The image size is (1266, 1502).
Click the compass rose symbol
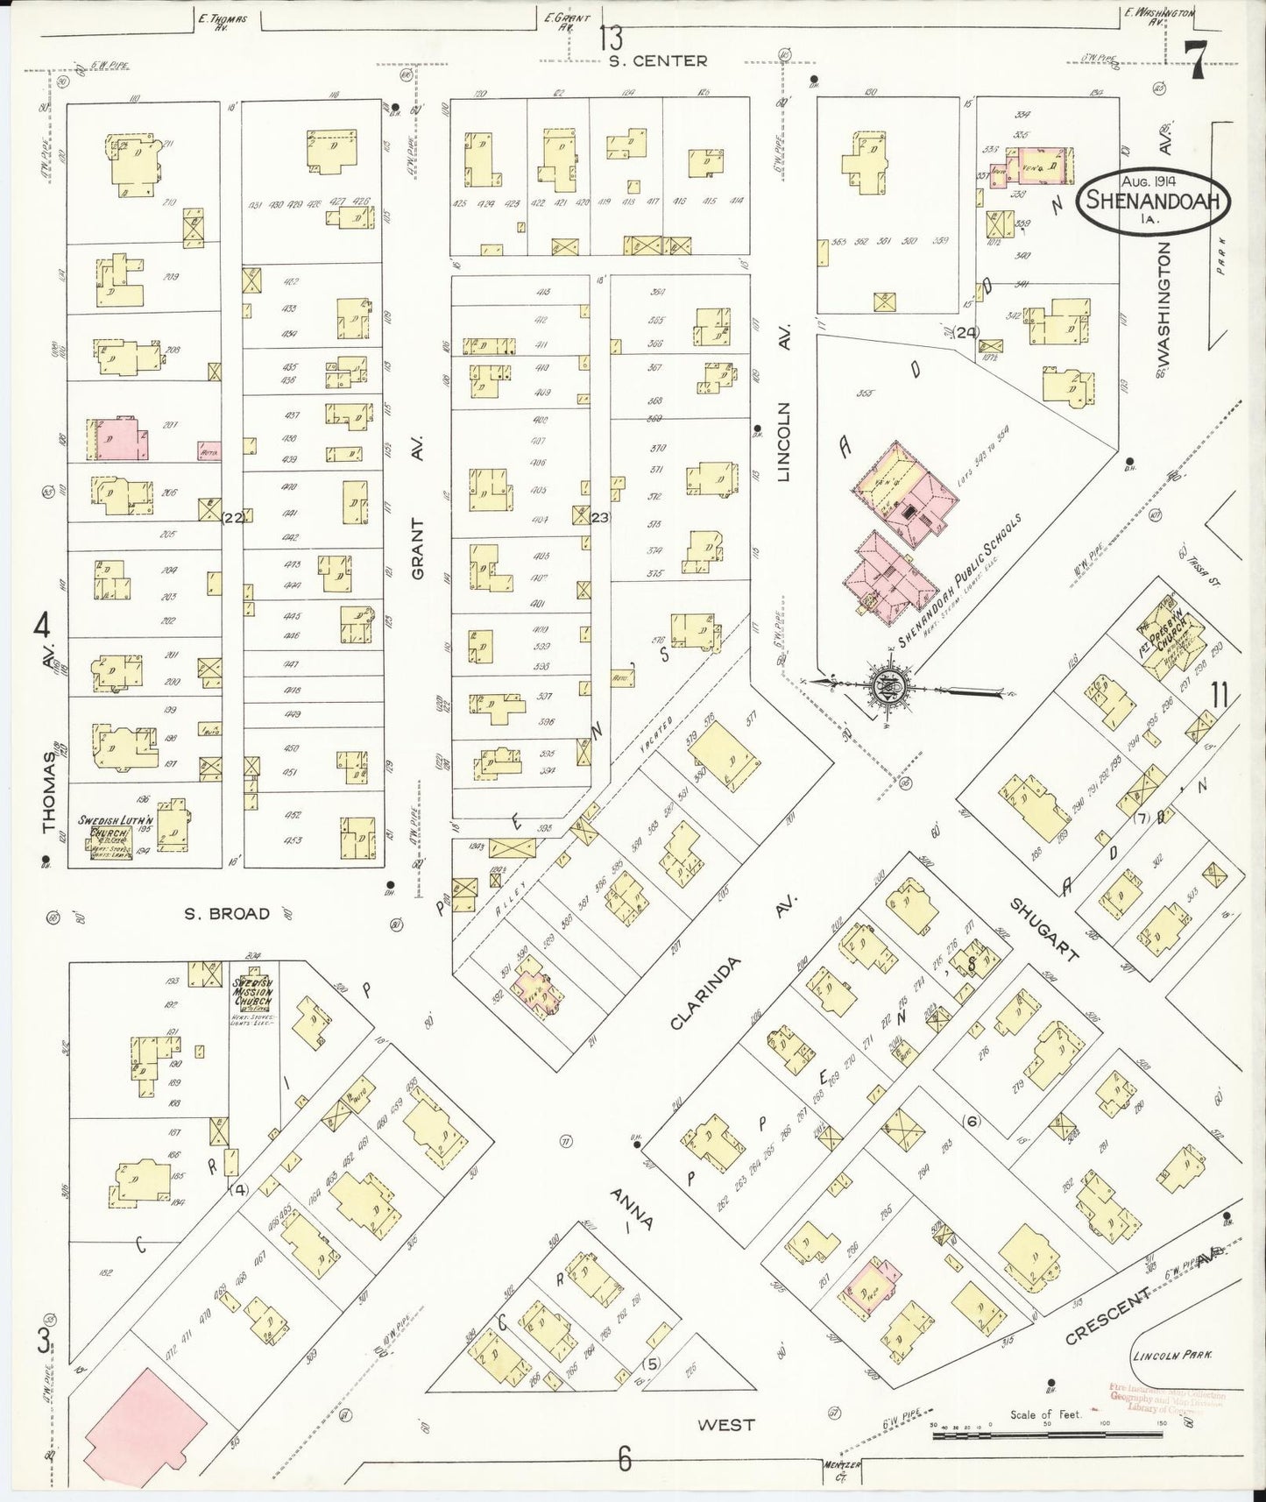888,683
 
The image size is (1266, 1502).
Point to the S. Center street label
657,60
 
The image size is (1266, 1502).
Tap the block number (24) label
966,332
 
